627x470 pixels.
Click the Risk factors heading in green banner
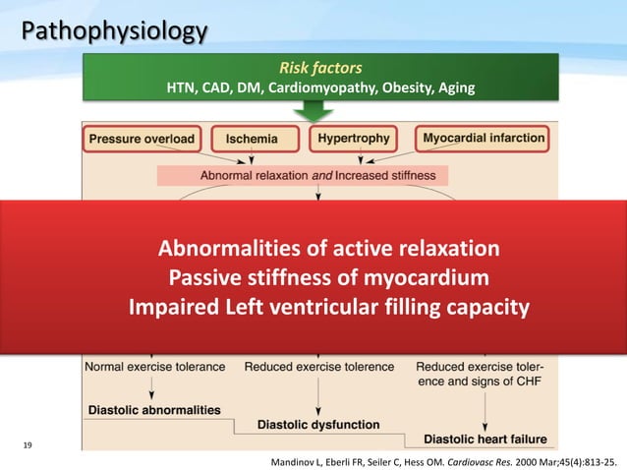tap(320, 69)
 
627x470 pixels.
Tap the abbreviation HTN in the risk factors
tap(185, 89)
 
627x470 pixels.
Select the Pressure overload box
tap(142, 139)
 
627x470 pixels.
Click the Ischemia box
tap(252, 140)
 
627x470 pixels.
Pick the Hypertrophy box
tap(354, 139)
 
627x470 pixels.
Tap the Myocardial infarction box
tap(483, 139)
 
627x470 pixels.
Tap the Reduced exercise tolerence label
tap(319, 367)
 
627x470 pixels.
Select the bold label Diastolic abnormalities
tap(153, 409)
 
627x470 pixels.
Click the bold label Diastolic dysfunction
tap(317, 425)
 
